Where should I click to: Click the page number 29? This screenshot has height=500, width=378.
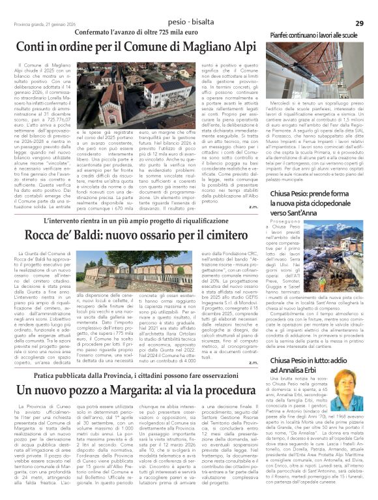pyautogui.click(x=359, y=23)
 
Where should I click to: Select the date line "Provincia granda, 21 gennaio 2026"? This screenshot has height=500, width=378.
pyautogui.click(x=40, y=23)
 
